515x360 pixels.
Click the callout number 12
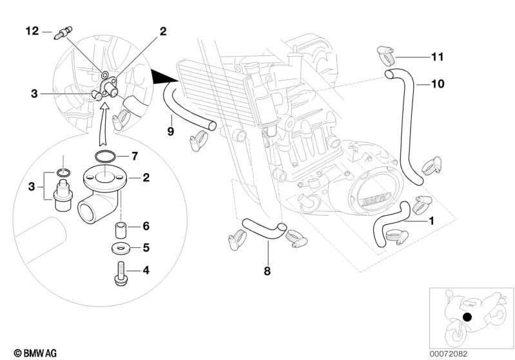[x=32, y=31]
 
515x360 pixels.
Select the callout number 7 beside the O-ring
[x=135, y=156]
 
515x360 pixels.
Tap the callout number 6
[x=146, y=226]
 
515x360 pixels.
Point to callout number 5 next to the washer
[x=146, y=248]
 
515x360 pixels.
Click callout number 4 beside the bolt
[x=146, y=270]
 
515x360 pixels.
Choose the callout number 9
[x=170, y=131]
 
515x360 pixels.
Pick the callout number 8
[x=267, y=271]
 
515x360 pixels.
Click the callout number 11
[x=437, y=57]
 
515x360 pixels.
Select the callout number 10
[x=438, y=84]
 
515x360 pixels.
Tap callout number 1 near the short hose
[x=432, y=221]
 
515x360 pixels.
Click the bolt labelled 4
[x=121, y=273]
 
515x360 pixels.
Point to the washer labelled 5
[x=121, y=248]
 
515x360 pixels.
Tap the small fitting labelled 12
[x=63, y=33]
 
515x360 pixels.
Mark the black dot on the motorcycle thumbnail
[x=467, y=317]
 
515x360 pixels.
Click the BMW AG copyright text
[x=35, y=354]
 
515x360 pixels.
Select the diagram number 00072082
[x=449, y=354]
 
